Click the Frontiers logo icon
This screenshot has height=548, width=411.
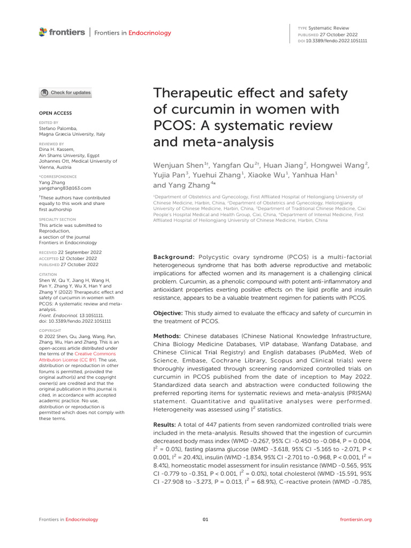(43, 33)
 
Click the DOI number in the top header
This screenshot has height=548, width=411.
(337, 41)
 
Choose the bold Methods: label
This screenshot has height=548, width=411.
(169, 335)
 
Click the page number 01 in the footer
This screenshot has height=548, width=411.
(205, 519)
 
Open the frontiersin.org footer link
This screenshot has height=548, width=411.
(356, 519)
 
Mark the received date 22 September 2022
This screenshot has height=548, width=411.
(79, 252)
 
